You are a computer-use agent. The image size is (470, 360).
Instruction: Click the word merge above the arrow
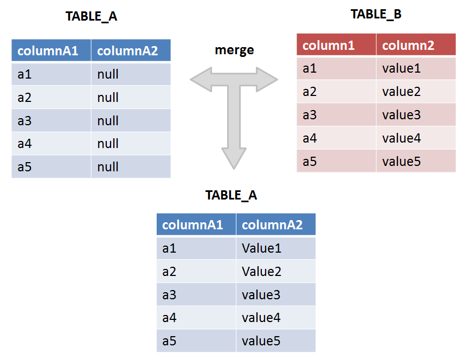pyautogui.click(x=234, y=50)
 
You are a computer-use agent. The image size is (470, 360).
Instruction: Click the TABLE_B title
pyautogui.click(x=376, y=15)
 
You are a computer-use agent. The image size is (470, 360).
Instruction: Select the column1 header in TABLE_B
pyautogui.click(x=329, y=46)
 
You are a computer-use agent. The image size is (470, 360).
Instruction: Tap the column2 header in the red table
pyautogui.click(x=408, y=46)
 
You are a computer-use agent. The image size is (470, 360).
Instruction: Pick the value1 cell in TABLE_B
pyautogui.click(x=401, y=69)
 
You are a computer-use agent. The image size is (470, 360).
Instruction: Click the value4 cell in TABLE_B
pyautogui.click(x=401, y=138)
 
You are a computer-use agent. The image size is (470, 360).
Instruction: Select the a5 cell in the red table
pyautogui.click(x=310, y=162)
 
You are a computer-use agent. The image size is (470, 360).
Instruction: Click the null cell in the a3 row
pyautogui.click(x=108, y=120)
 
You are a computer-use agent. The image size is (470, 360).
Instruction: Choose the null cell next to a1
pyautogui.click(x=108, y=74)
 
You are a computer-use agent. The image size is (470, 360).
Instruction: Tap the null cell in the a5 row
pyautogui.click(x=108, y=167)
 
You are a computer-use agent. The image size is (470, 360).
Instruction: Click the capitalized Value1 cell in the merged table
pyautogui.click(x=262, y=248)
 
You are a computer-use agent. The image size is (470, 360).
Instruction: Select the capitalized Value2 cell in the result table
pyautogui.click(x=262, y=272)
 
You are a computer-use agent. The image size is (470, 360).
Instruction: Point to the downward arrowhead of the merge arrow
pyautogui.click(x=234, y=157)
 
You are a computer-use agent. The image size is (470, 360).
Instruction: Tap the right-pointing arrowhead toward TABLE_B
pyautogui.click(x=268, y=80)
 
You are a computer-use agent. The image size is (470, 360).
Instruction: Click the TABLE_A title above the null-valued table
pyautogui.click(x=91, y=16)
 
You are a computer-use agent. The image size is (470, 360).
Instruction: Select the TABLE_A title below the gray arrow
pyautogui.click(x=231, y=195)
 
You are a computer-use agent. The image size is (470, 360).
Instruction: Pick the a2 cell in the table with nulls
pyautogui.click(x=24, y=98)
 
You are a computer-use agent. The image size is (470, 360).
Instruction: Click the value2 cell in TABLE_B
pyautogui.click(x=401, y=92)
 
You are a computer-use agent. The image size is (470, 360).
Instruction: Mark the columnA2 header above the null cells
pyautogui.click(x=127, y=51)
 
